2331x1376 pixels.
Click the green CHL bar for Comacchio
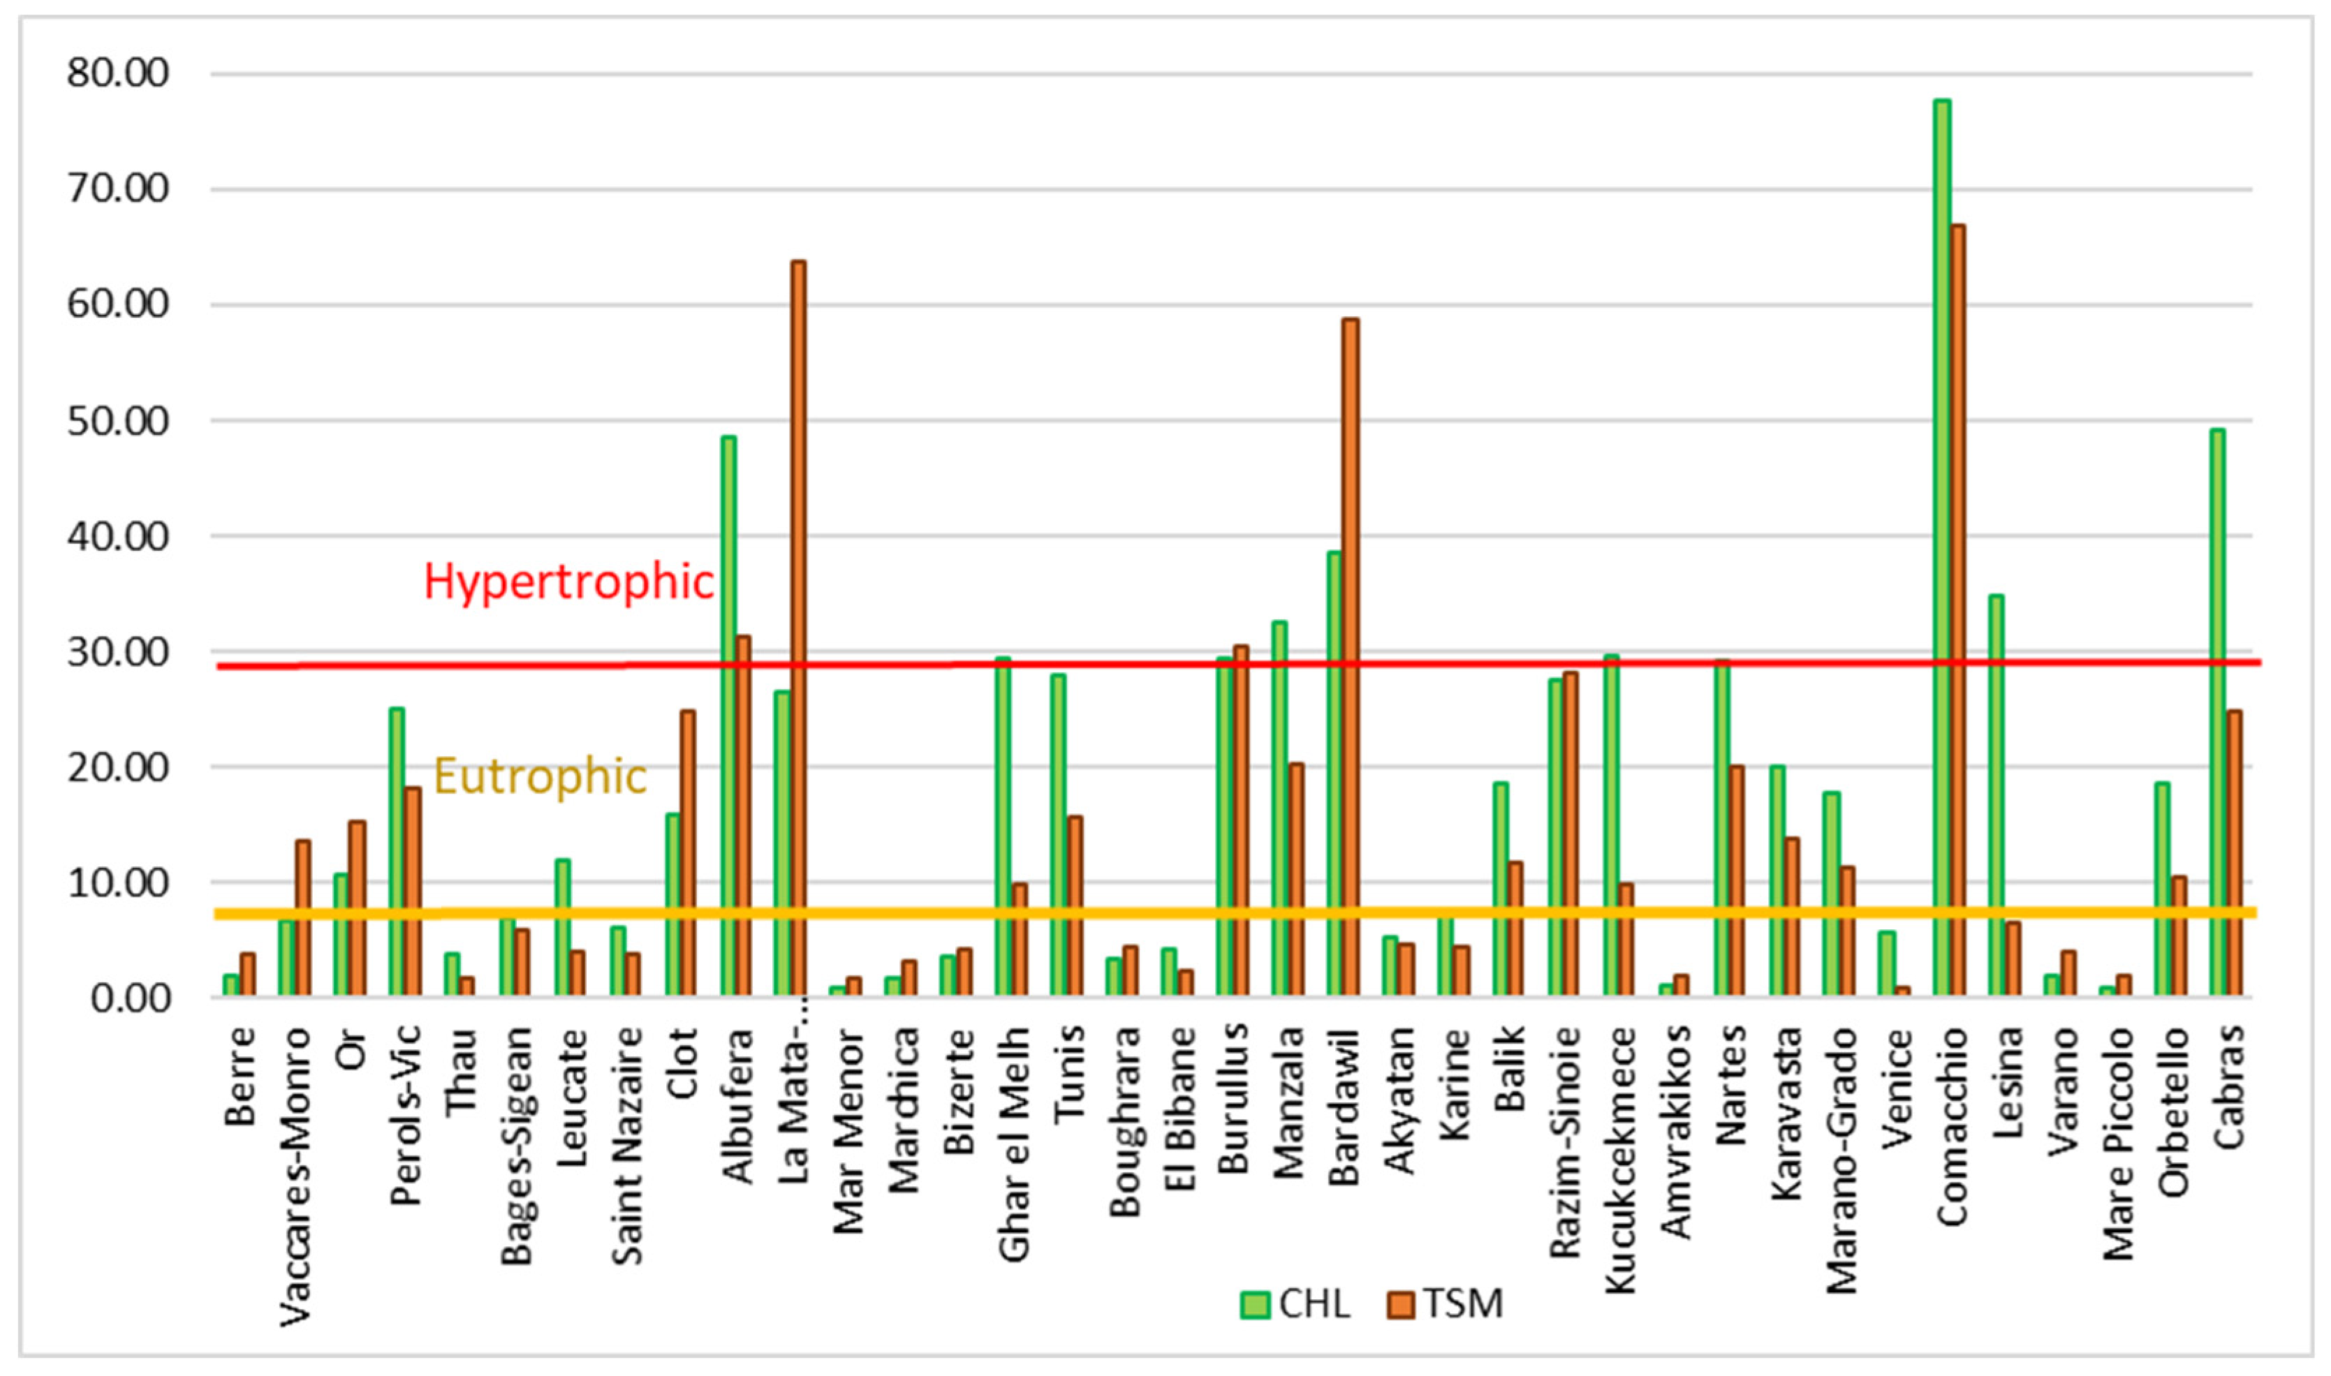point(1941,547)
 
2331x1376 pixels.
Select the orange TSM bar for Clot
point(688,853)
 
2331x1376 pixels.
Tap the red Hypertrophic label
point(568,582)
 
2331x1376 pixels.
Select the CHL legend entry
point(1295,1303)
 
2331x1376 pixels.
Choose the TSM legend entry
point(1446,1303)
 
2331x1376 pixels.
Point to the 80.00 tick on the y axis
point(119,73)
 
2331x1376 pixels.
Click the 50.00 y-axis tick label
point(119,421)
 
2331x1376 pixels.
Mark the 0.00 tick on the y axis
point(131,998)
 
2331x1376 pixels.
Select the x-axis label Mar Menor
point(848,1131)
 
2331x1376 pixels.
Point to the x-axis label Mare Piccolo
point(2119,1144)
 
